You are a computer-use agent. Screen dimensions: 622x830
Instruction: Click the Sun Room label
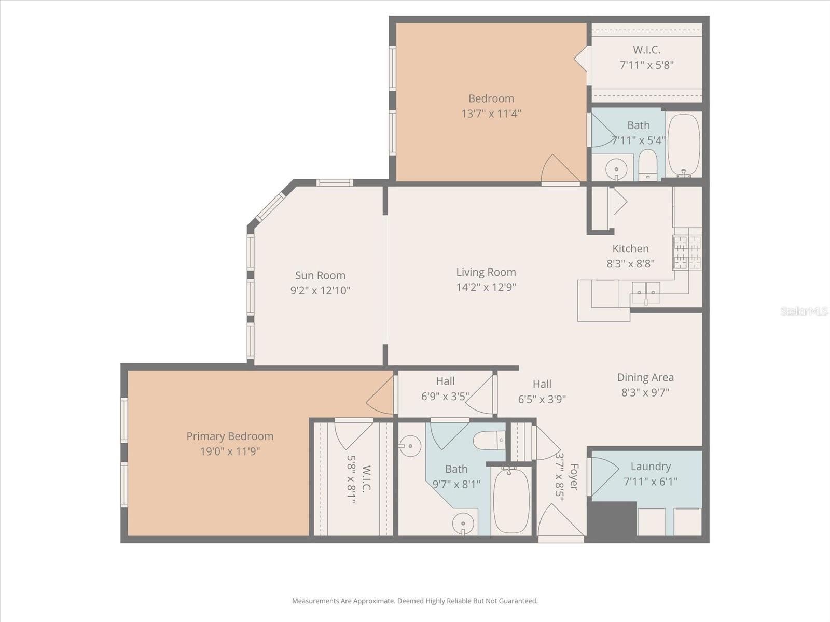pyautogui.click(x=320, y=275)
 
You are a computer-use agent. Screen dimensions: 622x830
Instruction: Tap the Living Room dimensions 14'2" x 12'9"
pyautogui.click(x=486, y=287)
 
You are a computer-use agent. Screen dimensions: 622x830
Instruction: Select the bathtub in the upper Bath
pyautogui.click(x=684, y=145)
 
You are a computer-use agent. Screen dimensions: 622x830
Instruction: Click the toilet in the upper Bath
pyautogui.click(x=647, y=164)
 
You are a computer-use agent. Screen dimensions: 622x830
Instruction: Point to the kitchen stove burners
pyautogui.click(x=687, y=252)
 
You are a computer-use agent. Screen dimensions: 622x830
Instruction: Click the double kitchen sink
pyautogui.click(x=646, y=292)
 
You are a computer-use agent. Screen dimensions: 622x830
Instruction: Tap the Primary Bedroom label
pyautogui.click(x=230, y=436)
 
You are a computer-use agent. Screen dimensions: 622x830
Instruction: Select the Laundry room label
pyautogui.click(x=651, y=466)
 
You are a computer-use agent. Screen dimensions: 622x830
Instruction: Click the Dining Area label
pyautogui.click(x=645, y=377)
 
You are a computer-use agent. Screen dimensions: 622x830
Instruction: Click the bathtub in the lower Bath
pyautogui.click(x=511, y=500)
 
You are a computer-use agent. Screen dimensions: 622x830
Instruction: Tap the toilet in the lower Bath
pyautogui.click(x=488, y=441)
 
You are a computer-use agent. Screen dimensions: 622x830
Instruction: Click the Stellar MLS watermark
pyautogui.click(x=804, y=312)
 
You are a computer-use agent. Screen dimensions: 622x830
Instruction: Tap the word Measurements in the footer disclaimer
pyautogui.click(x=316, y=601)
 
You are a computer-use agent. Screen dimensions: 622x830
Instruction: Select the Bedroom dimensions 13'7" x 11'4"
pyautogui.click(x=491, y=114)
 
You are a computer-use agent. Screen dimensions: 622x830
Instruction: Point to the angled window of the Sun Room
pyautogui.click(x=270, y=206)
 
